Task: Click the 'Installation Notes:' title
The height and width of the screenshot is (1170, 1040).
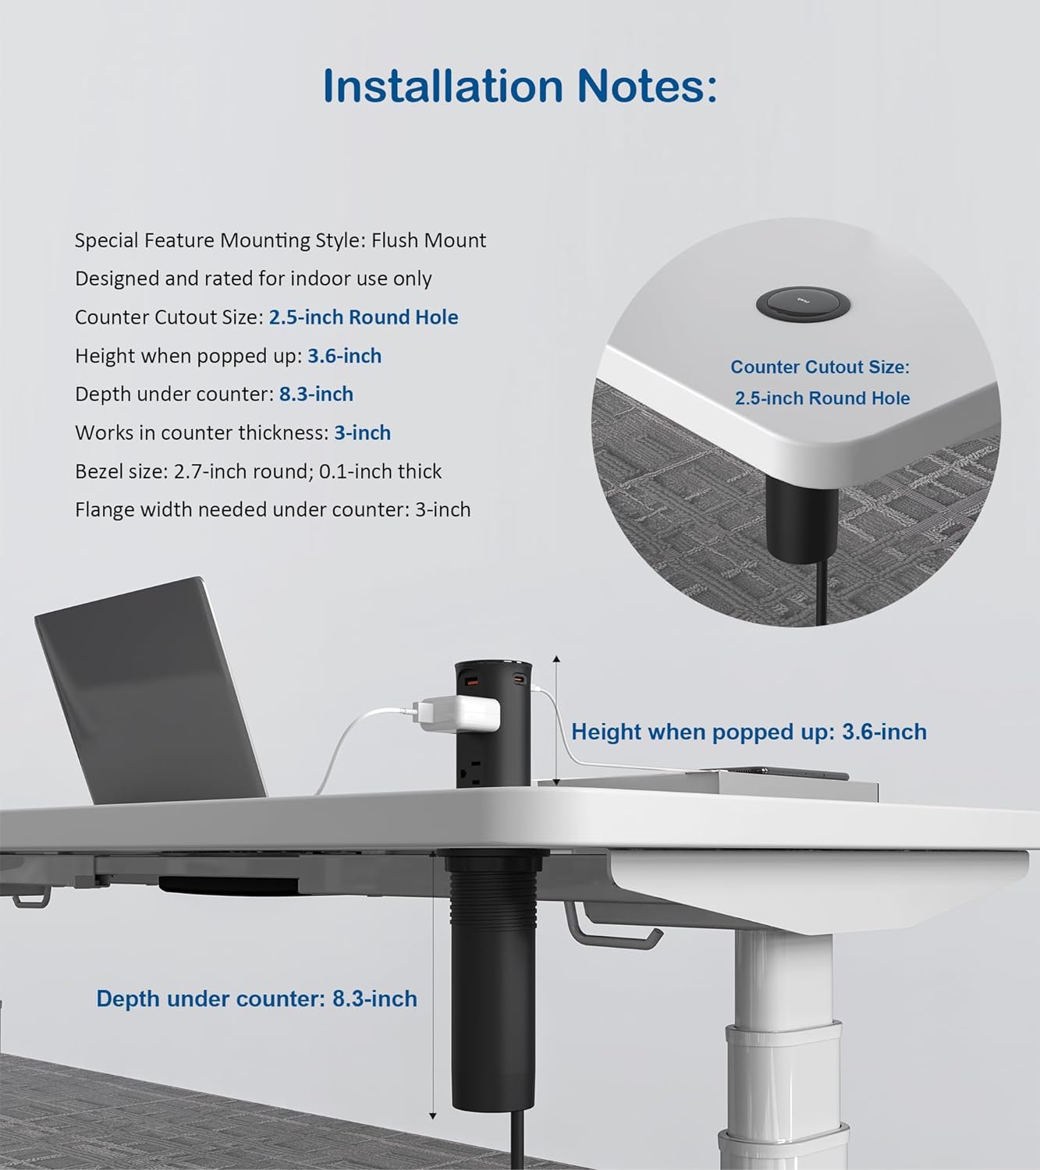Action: tap(520, 86)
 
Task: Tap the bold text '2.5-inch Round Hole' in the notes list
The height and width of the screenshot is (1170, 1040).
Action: tap(364, 317)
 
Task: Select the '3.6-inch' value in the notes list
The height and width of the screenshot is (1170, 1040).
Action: tap(344, 356)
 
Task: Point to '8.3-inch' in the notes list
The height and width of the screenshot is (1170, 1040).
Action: tap(316, 394)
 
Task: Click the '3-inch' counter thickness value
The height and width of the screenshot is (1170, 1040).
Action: tap(362, 433)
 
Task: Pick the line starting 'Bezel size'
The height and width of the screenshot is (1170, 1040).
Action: tap(258, 471)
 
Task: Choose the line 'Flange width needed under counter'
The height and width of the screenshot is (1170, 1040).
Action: tap(272, 510)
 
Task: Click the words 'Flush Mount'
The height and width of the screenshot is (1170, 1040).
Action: tap(428, 240)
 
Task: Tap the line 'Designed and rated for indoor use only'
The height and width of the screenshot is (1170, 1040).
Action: tap(253, 278)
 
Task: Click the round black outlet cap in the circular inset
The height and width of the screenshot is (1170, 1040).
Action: tap(797, 304)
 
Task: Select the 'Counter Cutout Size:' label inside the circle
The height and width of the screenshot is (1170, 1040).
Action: tap(820, 367)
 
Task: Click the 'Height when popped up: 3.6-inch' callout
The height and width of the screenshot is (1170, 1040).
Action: tap(748, 732)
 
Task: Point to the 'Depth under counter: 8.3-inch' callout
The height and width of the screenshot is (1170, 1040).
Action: tap(257, 998)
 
